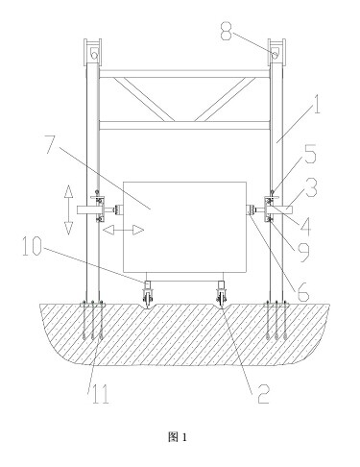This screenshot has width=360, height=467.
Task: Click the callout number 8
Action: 227,32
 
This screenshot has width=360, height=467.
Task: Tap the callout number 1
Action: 316,105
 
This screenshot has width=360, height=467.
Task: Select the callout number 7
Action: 52,145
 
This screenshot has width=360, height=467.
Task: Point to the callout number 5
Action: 310,154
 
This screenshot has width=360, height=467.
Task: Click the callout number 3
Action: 310,188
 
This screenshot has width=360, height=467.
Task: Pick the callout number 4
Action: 304,227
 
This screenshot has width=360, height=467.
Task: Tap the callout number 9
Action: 303,253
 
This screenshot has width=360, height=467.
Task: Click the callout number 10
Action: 32,246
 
